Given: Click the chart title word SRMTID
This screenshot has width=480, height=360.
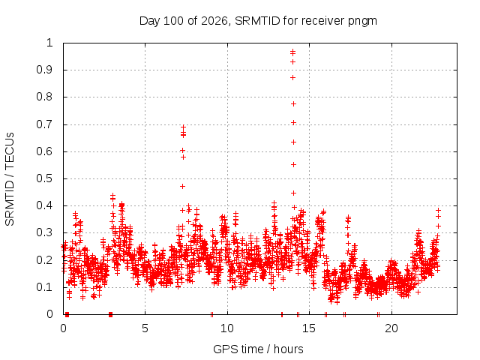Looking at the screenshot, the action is point(257,21).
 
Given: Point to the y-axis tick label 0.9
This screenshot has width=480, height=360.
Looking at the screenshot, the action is point(45,70).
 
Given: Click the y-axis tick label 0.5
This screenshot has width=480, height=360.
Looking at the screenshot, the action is point(45,178).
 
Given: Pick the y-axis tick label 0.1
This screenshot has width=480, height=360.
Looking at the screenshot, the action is point(45,287).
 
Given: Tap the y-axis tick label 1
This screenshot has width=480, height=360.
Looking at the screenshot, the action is point(49,43).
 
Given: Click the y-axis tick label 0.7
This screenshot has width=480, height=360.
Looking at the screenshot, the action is point(45,124).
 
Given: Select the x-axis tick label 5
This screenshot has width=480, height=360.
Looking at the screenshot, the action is point(145,328).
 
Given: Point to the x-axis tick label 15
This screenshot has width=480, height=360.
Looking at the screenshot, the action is point(309,328).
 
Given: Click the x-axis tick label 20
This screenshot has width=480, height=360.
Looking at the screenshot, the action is point(391,328).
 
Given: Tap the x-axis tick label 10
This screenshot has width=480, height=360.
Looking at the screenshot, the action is point(227,328).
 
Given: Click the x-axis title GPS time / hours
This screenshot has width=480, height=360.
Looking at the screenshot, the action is point(258,349).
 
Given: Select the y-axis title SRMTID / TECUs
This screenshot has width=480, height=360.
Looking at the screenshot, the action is point(10,179).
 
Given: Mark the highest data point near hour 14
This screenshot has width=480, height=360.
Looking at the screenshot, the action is point(293,51).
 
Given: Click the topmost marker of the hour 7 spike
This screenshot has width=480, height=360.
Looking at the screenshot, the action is point(183,127).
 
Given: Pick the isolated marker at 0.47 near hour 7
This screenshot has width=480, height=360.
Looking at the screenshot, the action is point(183,186).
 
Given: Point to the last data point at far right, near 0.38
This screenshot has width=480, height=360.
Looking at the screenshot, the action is point(438,210).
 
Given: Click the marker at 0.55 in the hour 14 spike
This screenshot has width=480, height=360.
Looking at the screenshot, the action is point(293,165).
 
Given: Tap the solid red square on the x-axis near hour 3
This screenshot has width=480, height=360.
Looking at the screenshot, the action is point(111,314).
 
